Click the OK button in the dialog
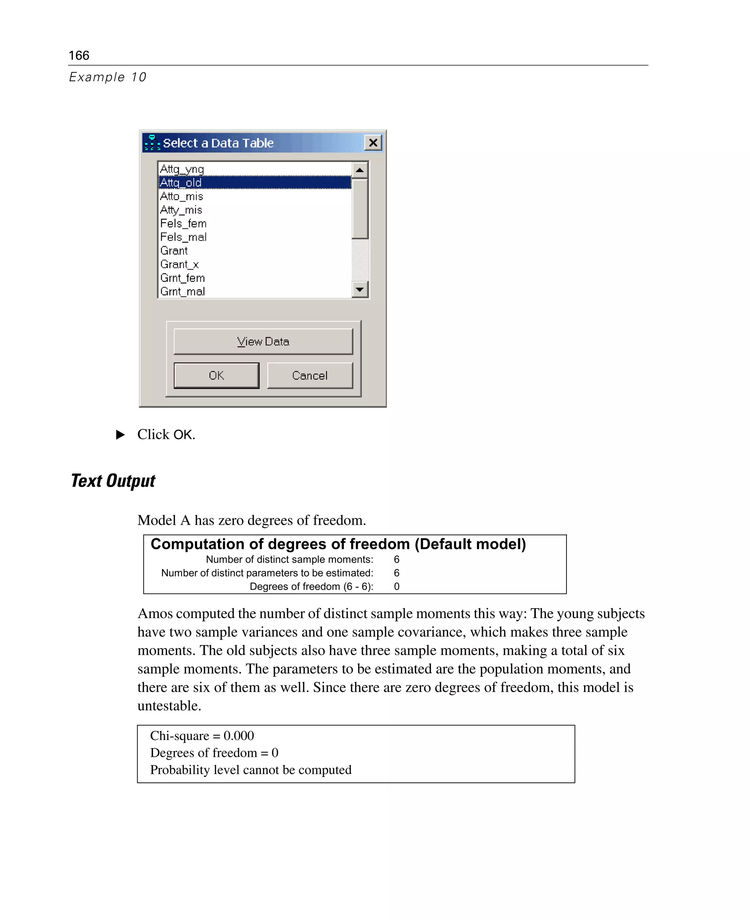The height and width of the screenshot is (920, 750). click(216, 375)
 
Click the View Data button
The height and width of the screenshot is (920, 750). click(263, 341)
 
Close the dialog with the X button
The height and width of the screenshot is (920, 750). click(373, 142)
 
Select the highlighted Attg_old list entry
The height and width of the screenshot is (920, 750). click(181, 183)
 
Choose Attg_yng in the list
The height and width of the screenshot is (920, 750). click(181, 169)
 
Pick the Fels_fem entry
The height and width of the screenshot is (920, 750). click(183, 223)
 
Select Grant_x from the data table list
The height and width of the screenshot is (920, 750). click(179, 264)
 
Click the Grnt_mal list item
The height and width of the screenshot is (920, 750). click(182, 291)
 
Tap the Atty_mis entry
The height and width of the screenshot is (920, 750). click(181, 210)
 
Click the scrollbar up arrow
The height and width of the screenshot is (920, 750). click(360, 170)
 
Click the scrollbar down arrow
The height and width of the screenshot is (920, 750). click(360, 289)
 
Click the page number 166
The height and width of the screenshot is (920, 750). click(79, 55)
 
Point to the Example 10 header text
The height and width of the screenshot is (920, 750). click(108, 77)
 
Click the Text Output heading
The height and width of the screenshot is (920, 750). click(113, 480)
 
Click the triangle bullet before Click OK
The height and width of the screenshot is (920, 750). click(120, 434)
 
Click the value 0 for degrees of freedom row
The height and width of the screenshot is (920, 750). click(396, 586)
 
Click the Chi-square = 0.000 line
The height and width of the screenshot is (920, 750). click(202, 736)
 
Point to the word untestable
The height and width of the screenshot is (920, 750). click(169, 706)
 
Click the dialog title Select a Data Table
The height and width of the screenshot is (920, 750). click(218, 143)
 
